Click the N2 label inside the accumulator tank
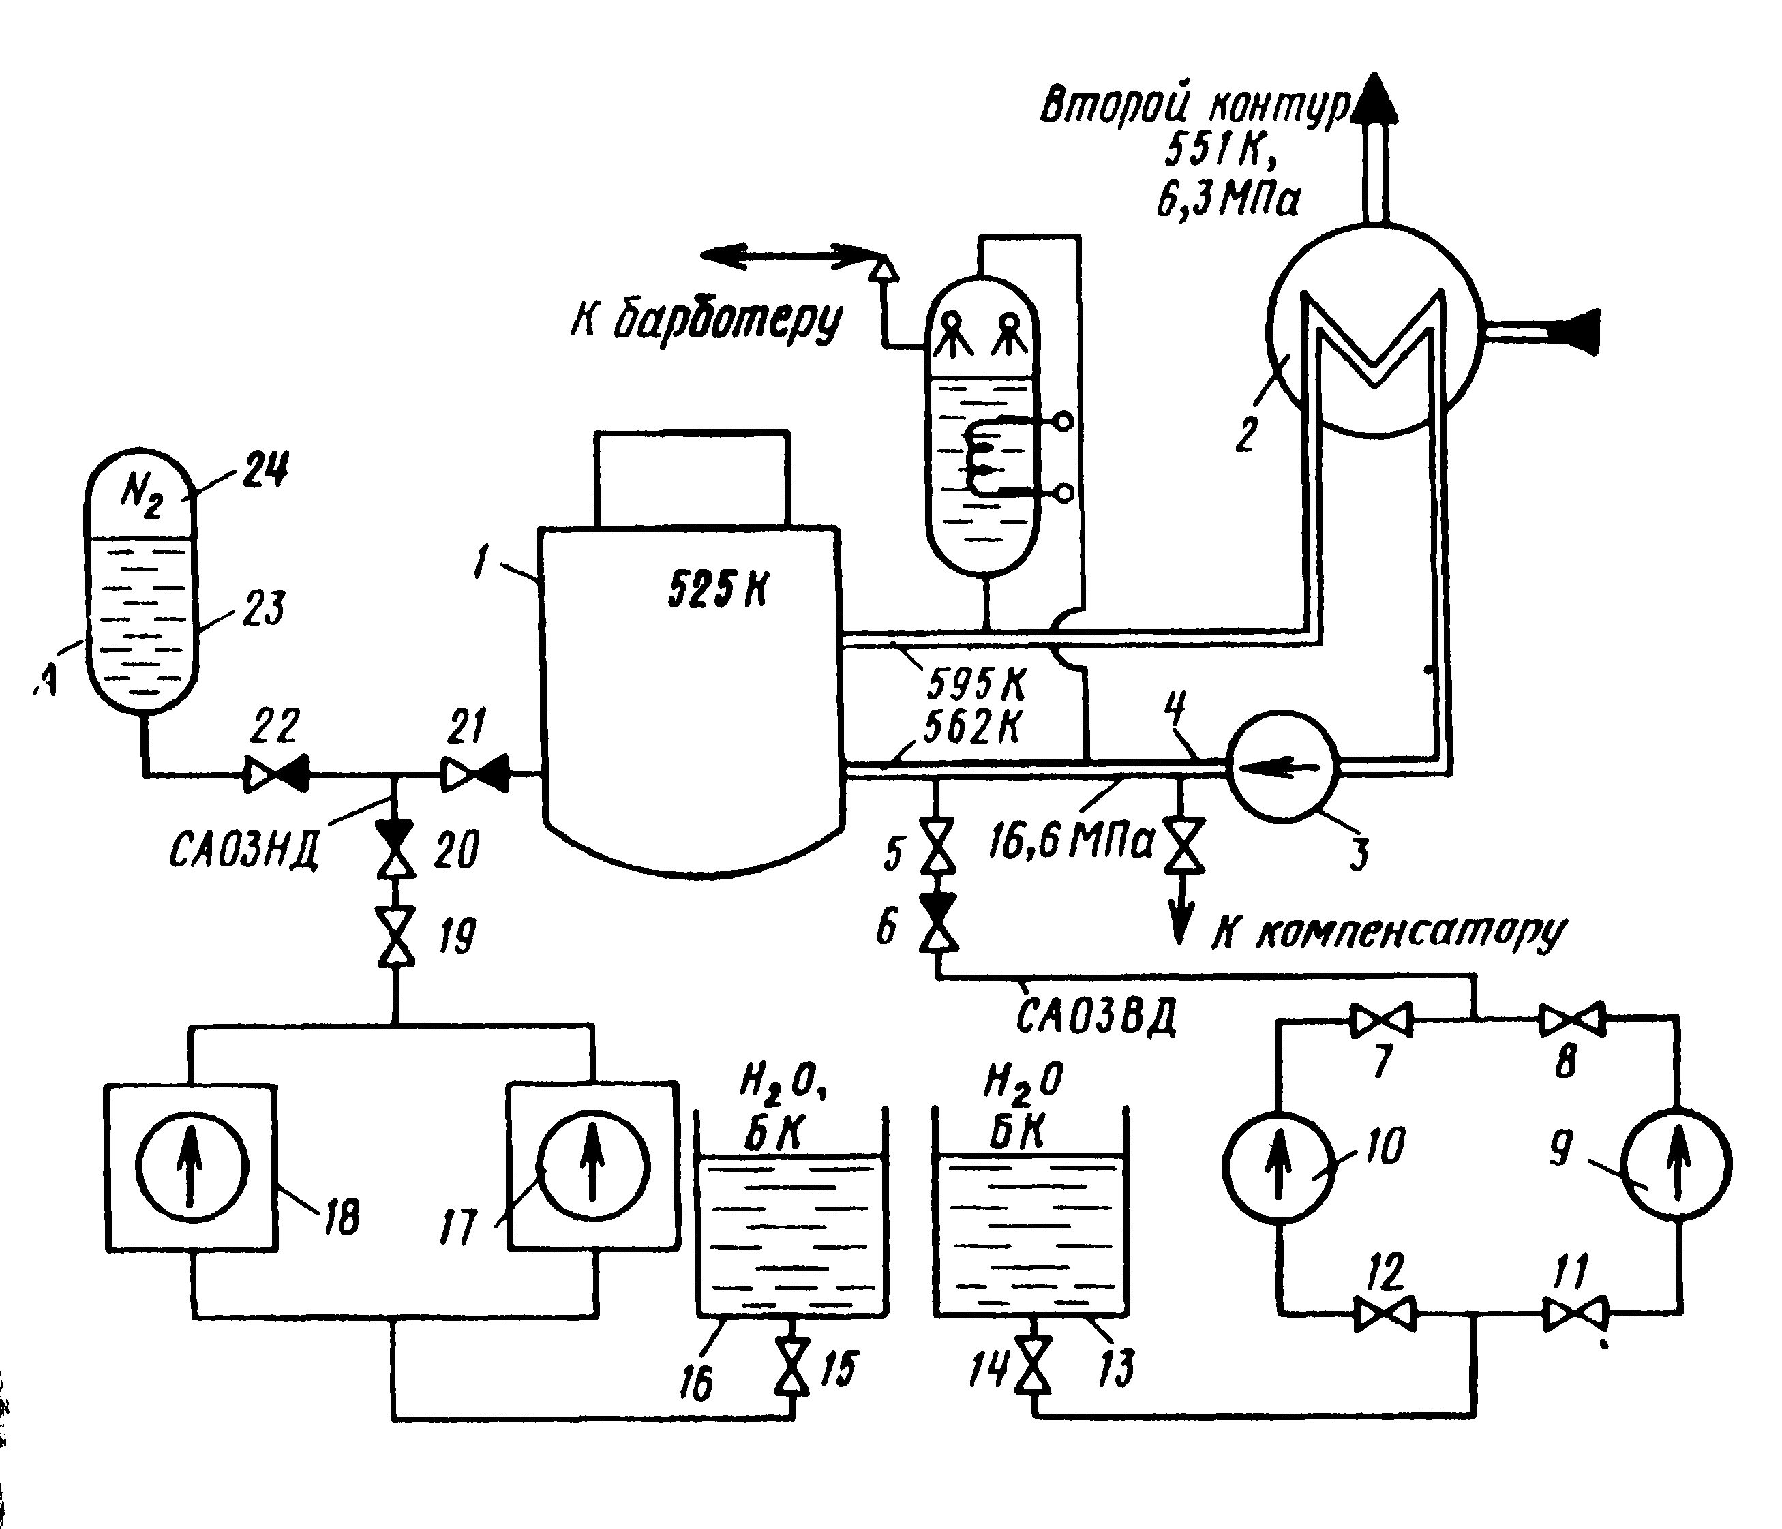[141, 494]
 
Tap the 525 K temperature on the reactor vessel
[718, 589]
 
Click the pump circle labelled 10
[1279, 1165]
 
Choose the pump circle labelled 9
[1676, 1165]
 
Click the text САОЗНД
[244, 851]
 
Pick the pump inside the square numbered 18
[192, 1167]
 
